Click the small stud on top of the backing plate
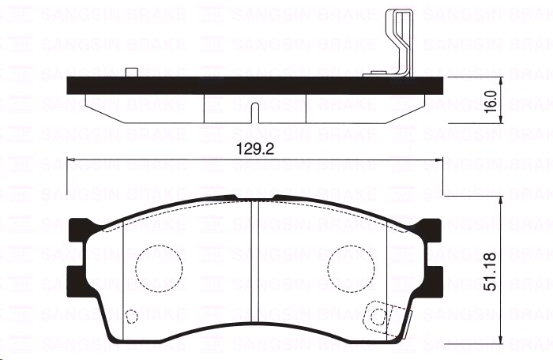[x=132, y=73]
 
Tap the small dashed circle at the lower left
[x=132, y=317]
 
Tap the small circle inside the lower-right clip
[x=378, y=317]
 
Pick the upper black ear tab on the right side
[x=429, y=230]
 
